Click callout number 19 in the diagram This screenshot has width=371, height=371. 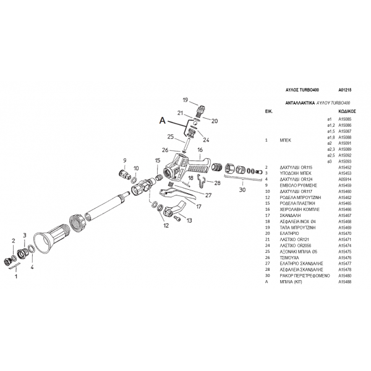185,100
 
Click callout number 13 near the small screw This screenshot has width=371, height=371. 189,220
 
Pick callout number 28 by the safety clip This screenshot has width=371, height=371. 217,184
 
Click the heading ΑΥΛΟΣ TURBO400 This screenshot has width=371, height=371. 301,90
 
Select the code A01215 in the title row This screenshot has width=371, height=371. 345,90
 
